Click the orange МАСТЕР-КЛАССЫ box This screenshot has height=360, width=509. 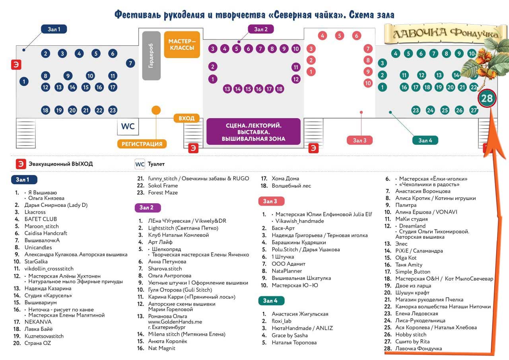pos(182,45)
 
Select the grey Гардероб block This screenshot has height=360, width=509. pos(151,56)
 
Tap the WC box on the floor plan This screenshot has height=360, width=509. pos(128,127)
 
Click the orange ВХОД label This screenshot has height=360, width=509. pos(187,118)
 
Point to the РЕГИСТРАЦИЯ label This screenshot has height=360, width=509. pos(142,144)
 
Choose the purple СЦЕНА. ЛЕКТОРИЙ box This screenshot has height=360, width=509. pos(253,132)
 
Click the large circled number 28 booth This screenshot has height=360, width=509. pos(487,98)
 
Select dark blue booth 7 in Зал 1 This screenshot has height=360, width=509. pos(130,63)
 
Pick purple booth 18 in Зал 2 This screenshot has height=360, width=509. pos(280,89)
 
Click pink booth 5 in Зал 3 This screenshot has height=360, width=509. pos(339,36)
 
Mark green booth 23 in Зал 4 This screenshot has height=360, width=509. pos(416,110)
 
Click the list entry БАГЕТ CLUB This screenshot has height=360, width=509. pos(41,219)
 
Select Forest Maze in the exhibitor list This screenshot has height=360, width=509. pos(163,193)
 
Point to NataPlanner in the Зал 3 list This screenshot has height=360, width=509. pos(287,271)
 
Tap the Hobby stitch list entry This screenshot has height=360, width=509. pos(411,335)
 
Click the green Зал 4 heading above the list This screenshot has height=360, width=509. pos(270,301)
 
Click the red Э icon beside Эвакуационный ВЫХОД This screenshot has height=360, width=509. pos(20,164)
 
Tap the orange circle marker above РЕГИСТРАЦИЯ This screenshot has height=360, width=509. pos(156,110)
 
